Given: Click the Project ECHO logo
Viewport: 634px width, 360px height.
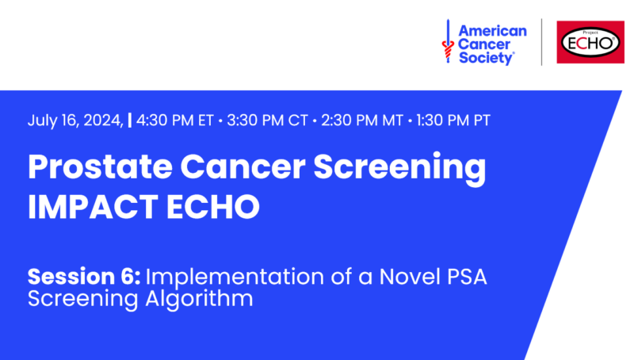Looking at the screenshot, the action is click(x=590, y=42).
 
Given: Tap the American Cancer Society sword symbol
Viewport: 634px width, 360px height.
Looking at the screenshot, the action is click(x=448, y=41).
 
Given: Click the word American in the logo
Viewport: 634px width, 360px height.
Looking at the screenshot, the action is click(x=492, y=31).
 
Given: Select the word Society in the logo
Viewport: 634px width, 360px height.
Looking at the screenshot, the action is click(x=487, y=58).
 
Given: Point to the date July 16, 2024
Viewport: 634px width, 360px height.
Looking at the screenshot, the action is click(x=75, y=121).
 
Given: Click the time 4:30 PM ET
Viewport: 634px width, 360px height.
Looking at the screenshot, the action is click(x=174, y=121).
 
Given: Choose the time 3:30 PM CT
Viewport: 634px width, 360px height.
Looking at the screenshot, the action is click(x=267, y=121).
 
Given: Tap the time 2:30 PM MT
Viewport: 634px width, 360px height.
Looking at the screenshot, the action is click(x=362, y=121).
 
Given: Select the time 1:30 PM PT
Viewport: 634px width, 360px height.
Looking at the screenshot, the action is click(x=453, y=121).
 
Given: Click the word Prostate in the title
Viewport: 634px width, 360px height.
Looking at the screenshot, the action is click(x=101, y=167).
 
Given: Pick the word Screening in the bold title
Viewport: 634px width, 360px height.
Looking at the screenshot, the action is click(x=399, y=168).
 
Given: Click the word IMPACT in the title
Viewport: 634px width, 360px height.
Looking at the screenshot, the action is click(x=93, y=206).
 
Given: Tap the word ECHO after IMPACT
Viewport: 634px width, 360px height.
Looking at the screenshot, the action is click(x=213, y=206).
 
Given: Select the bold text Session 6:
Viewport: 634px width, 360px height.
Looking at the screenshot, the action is click(x=84, y=277).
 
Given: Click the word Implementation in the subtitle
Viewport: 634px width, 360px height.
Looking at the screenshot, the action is click(x=235, y=278).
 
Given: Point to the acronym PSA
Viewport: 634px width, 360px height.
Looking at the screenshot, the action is click(x=467, y=277).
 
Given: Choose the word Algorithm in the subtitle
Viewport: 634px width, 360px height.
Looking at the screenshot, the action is click(x=199, y=300).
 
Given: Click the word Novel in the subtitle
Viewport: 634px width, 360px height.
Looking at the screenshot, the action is click(x=410, y=277).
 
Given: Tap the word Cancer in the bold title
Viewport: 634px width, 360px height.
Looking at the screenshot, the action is click(x=243, y=167).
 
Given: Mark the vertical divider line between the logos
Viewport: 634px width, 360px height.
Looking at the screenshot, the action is click(x=542, y=42).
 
